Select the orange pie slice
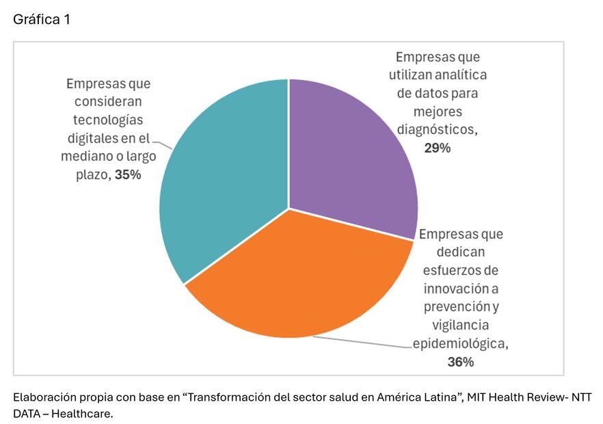coord(301,280)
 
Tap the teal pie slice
coord(219,185)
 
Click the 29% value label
coord(437,148)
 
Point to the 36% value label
coord(460,362)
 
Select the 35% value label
coord(128,174)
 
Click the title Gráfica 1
coord(42,20)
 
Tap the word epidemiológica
coord(460,343)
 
